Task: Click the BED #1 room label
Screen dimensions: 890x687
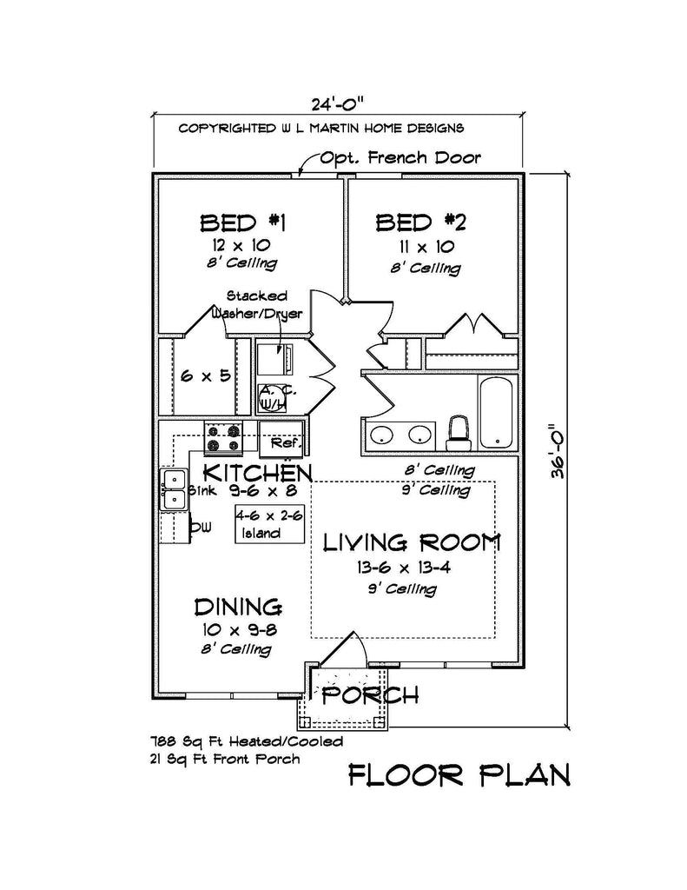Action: (244, 222)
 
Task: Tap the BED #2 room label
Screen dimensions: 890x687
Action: (421, 222)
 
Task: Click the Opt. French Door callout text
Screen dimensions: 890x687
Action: (400, 158)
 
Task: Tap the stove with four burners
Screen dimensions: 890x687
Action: (222, 438)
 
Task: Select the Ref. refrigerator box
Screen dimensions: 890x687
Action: (281, 437)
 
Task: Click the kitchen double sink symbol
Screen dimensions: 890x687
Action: (174, 488)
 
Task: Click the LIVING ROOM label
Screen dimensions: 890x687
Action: (412, 543)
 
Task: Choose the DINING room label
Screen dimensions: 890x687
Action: (237, 606)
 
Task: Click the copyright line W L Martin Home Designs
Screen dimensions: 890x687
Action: (321, 128)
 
